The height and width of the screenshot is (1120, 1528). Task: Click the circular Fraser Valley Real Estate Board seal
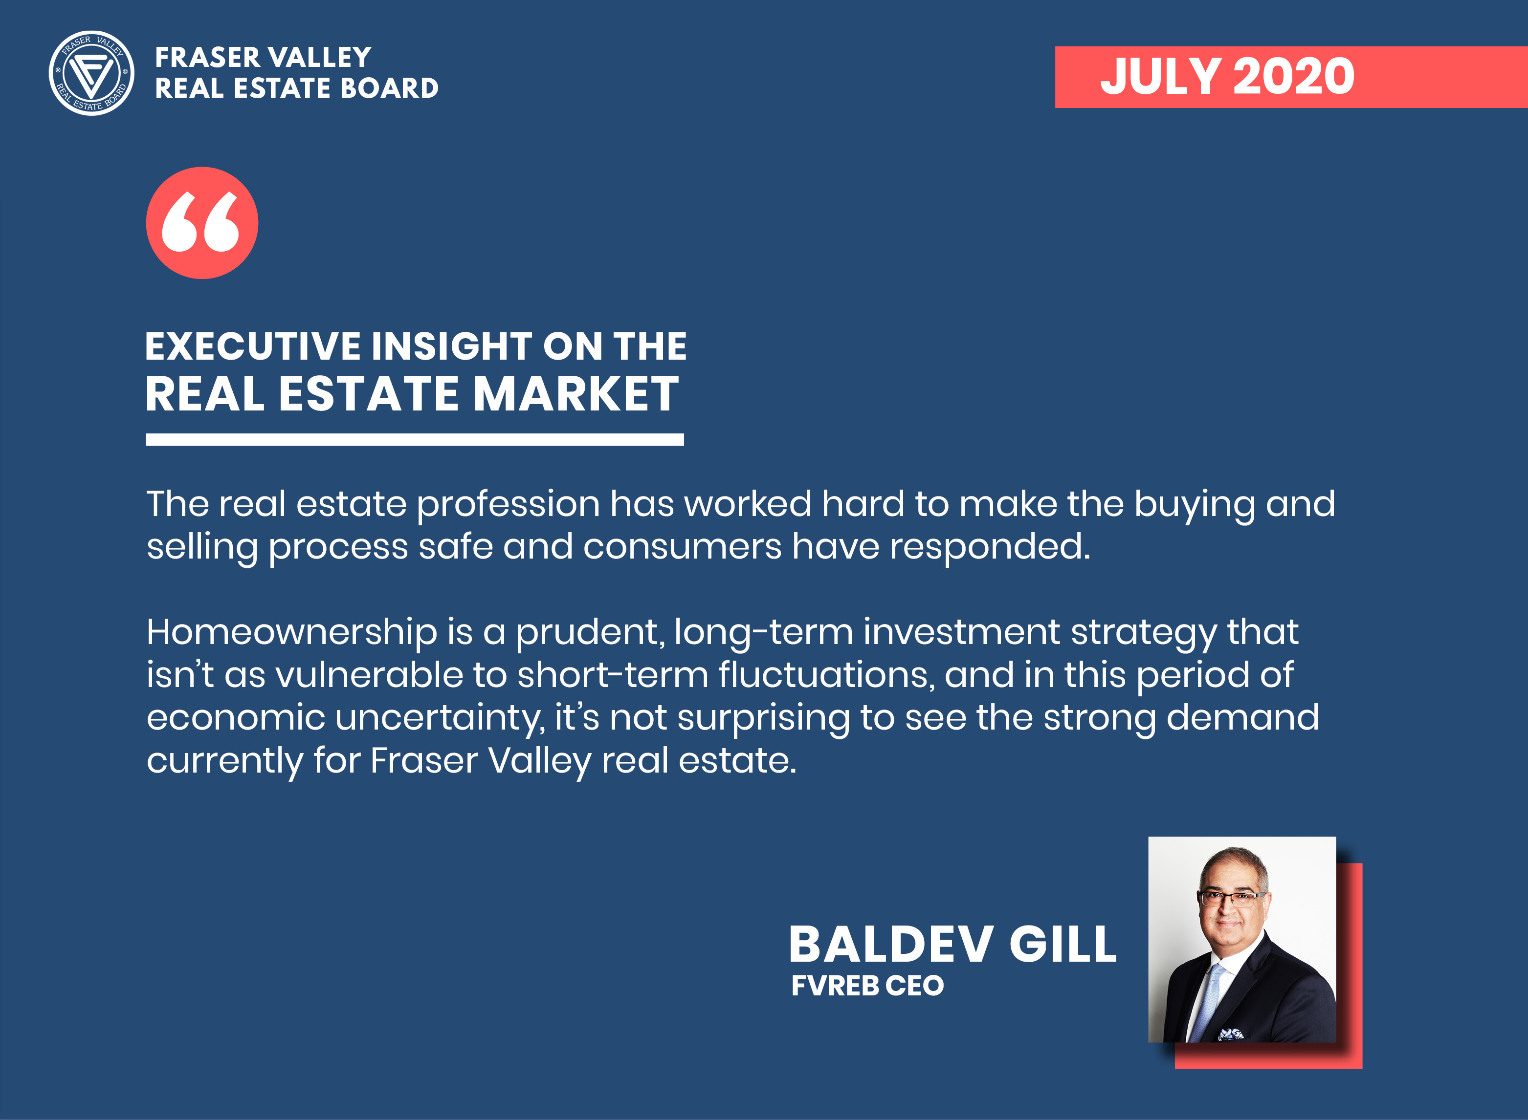[91, 73]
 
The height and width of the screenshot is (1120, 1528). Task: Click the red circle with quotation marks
[202, 223]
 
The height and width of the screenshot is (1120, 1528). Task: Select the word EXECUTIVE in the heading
[252, 346]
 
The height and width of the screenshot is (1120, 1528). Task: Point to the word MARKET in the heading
[576, 394]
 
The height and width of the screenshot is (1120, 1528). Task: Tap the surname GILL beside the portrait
[1063, 945]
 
